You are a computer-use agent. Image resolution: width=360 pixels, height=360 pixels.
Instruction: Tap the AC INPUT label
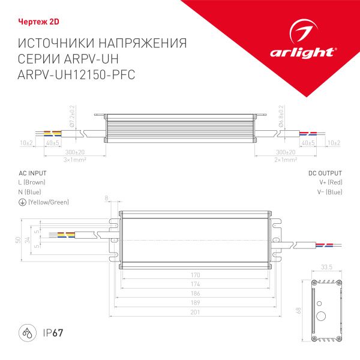[32, 173]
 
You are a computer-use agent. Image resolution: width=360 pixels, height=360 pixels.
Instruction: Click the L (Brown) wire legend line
[32, 182]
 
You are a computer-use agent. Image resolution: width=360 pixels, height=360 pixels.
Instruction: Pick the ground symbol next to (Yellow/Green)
[22, 202]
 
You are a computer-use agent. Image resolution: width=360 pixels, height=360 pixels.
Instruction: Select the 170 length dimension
[196, 275]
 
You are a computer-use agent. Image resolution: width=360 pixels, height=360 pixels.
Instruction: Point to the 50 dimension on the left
[19, 240]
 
